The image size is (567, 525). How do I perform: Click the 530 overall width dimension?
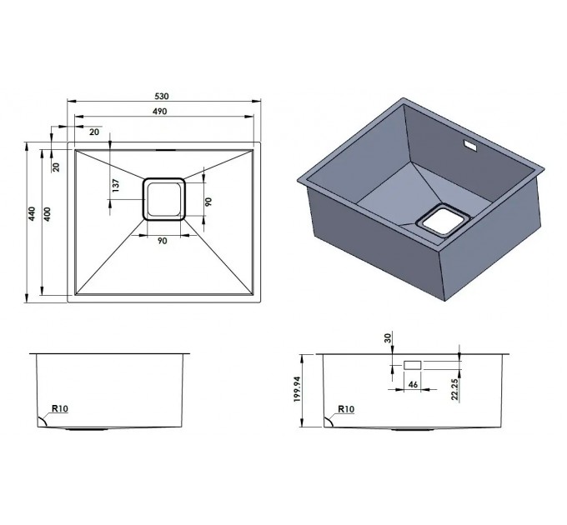click(162, 97)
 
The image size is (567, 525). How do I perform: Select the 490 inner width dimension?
click(159, 112)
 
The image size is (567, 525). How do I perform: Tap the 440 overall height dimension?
click(33, 214)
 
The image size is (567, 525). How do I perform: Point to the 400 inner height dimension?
click(48, 214)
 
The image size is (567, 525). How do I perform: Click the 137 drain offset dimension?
click(116, 186)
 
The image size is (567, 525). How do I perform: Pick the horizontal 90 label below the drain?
click(163, 241)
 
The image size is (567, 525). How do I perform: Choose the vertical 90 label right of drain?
click(208, 202)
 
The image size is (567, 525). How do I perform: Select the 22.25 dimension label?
click(455, 389)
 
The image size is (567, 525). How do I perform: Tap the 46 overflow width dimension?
click(413, 384)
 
